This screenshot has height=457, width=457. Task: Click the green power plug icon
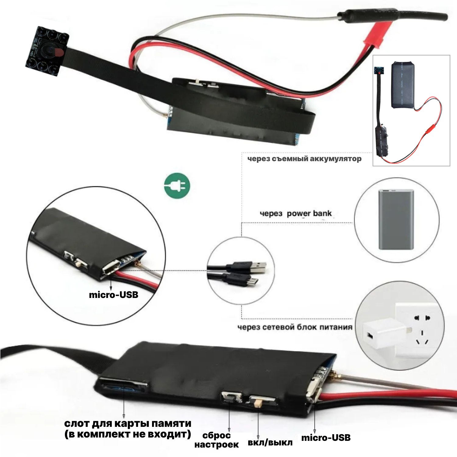pyautogui.click(x=177, y=186)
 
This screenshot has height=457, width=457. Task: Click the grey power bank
pyautogui.click(x=396, y=220)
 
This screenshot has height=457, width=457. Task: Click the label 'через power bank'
pyautogui.click(x=296, y=214)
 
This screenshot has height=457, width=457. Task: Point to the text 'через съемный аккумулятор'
pyautogui.click(x=304, y=159)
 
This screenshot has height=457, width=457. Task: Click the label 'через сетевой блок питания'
pyautogui.click(x=295, y=327)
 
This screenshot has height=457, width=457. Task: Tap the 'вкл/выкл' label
pyautogui.click(x=270, y=442)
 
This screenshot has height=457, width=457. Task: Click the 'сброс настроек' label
pyautogui.click(x=216, y=440)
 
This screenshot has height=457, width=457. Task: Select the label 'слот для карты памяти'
pyautogui.click(x=128, y=423)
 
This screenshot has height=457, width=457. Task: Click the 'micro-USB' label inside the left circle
pyautogui.click(x=113, y=295)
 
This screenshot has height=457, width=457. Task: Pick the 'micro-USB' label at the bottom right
pyautogui.click(x=326, y=438)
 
